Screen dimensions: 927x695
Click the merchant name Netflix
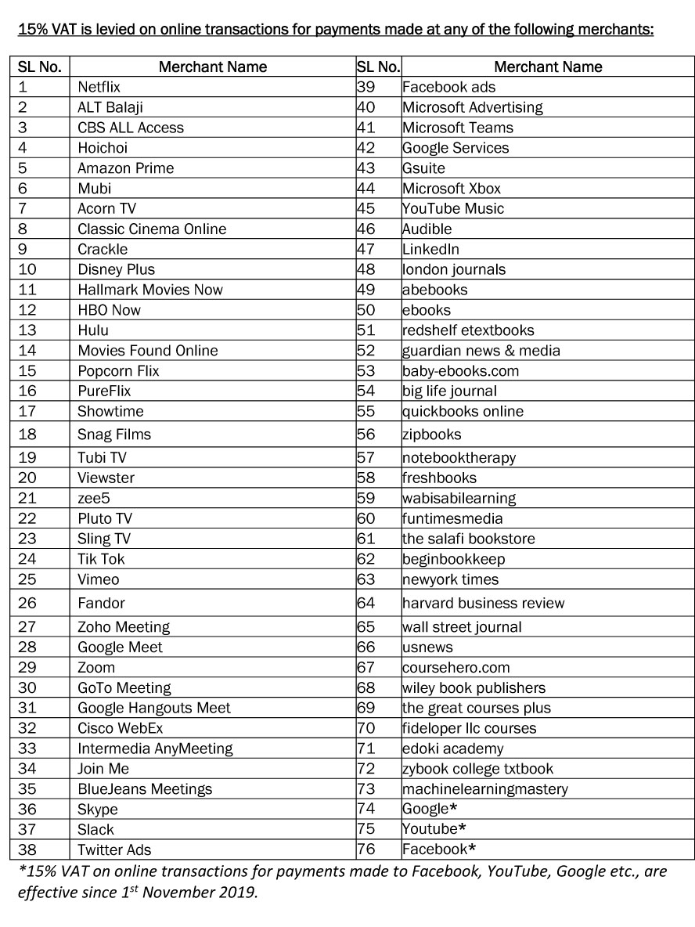99,87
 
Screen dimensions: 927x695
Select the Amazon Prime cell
125,168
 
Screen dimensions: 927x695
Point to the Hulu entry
93,330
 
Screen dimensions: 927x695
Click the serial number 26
27,603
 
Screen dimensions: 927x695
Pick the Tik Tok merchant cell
101,559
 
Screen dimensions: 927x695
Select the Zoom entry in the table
96,668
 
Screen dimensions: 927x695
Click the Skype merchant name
97,810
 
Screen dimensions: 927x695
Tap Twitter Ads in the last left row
114,849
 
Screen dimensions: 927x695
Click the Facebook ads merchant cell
448,87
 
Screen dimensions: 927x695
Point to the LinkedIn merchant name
430,250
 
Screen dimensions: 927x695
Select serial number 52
366,351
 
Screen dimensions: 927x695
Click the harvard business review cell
483,603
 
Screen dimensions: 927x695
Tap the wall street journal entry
462,627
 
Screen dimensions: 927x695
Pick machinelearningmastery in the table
485,789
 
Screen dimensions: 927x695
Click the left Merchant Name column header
212,67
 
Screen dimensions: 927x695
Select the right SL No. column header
378,67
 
